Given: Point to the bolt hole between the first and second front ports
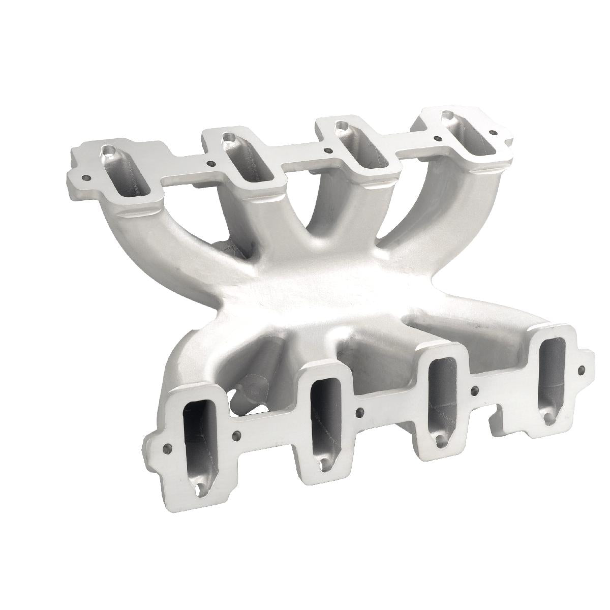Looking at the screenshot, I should [237, 435].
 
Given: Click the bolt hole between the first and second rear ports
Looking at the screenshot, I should [210, 164].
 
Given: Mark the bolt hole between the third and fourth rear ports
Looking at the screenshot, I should [436, 137].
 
